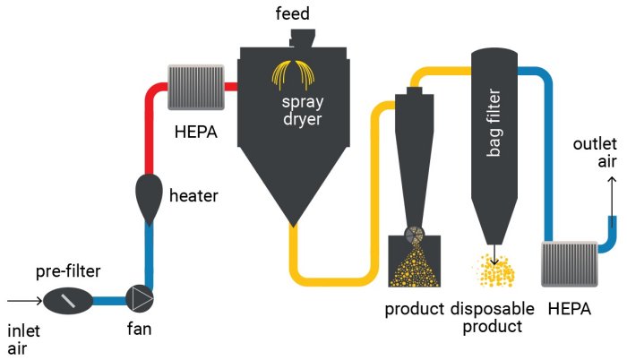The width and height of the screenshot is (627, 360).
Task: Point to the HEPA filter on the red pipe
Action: [x=195, y=87]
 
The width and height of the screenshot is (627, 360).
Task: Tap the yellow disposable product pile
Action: [x=495, y=270]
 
